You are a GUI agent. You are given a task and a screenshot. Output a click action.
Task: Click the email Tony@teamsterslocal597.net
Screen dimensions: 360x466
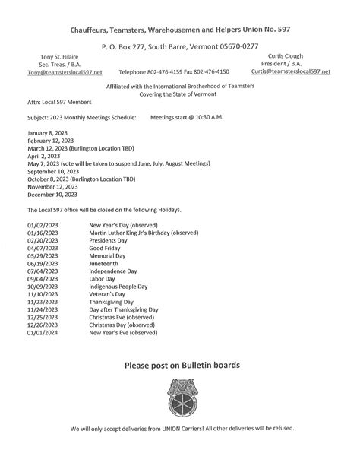(x=65, y=72)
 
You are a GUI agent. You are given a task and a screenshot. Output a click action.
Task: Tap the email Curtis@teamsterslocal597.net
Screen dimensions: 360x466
(x=291, y=71)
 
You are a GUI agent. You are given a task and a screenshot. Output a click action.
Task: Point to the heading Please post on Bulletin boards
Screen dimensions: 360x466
(x=182, y=365)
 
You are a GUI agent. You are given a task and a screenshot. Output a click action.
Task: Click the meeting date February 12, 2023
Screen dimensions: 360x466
(x=51, y=141)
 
